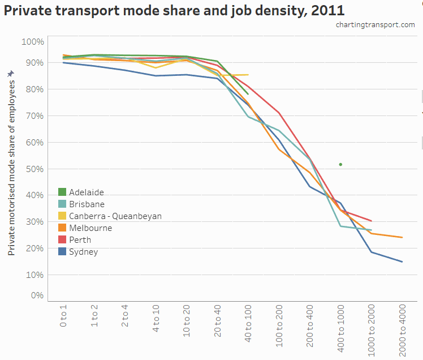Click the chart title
point(174,10)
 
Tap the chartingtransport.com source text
point(375,25)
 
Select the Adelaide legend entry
point(86,192)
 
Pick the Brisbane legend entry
point(86,204)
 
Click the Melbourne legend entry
point(90,228)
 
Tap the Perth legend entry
point(80,240)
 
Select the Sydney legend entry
point(83,252)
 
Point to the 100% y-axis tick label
point(32,42)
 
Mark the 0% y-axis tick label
point(36,295)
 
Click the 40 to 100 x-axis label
point(248,323)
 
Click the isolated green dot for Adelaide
point(340,165)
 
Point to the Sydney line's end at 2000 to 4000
point(402,262)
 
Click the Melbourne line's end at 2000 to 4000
point(402,237)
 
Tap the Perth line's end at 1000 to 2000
point(372,221)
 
